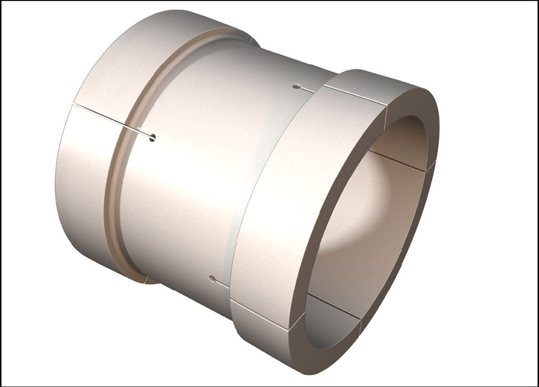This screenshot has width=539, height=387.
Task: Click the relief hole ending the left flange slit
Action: click(x=153, y=138)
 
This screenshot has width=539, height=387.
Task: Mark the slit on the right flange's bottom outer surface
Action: click(x=261, y=315)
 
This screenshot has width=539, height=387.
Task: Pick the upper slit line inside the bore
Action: click(x=397, y=161)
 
